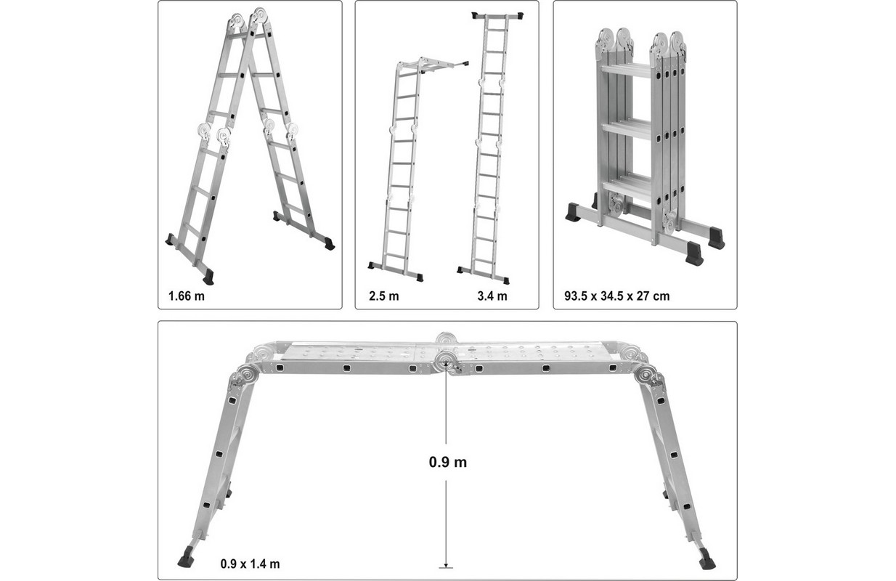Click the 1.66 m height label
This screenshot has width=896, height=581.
click(x=187, y=296)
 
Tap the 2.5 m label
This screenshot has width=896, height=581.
click(x=384, y=296)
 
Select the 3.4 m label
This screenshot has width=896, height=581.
click(x=492, y=296)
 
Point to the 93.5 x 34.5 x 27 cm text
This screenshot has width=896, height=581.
click(x=616, y=296)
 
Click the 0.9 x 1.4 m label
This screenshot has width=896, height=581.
click(x=250, y=564)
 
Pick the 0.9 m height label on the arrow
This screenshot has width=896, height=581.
click(x=447, y=462)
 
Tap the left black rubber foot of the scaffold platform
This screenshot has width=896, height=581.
click(x=185, y=557)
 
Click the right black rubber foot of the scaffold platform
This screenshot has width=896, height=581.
click(x=707, y=558)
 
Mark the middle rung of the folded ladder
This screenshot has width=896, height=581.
click(x=627, y=131)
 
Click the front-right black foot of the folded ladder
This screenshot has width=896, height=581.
click(x=694, y=254)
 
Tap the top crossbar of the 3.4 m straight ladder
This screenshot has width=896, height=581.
click(x=497, y=15)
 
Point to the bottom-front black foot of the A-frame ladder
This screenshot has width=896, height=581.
click(x=208, y=277)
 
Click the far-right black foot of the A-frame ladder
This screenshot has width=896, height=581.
click(x=329, y=244)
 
